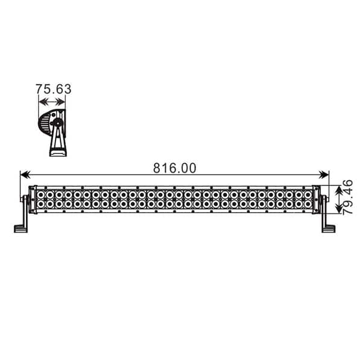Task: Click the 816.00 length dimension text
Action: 175,168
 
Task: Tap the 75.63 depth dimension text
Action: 53,89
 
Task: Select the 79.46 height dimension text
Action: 348,197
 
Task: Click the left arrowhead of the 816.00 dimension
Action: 25,175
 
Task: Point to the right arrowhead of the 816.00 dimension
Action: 323,175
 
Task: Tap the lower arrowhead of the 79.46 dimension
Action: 339,208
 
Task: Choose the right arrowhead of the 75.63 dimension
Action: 60,101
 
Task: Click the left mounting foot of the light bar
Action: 21,229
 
